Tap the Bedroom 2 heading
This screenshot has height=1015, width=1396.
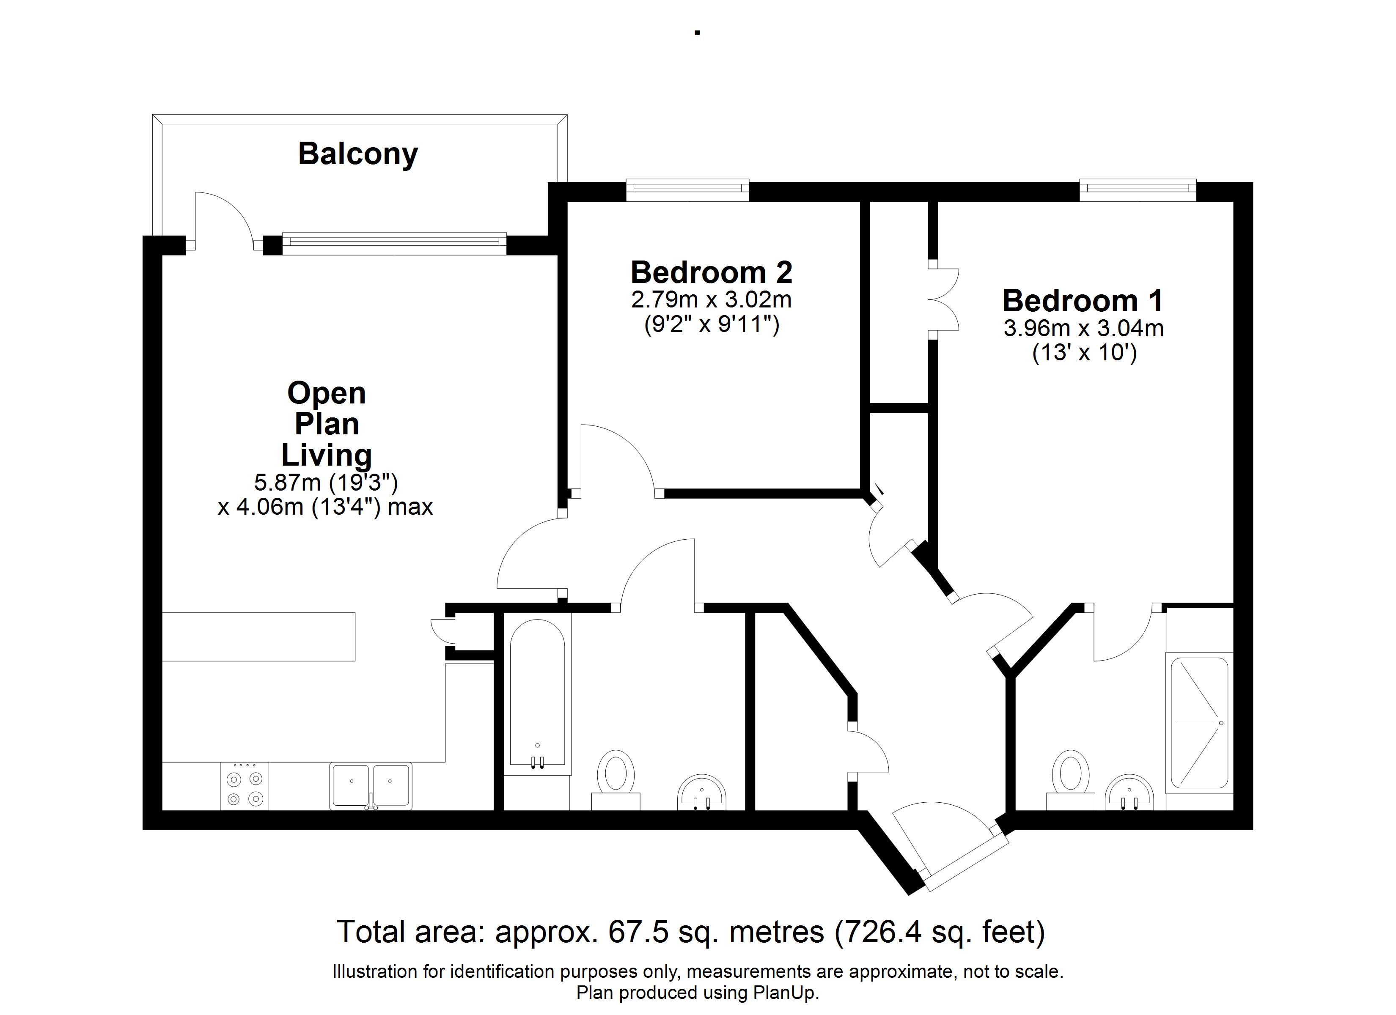click(712, 272)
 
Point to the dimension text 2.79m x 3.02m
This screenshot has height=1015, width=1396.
click(712, 300)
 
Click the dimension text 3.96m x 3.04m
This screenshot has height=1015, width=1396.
click(1083, 328)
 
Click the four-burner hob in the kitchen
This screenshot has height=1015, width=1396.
click(245, 786)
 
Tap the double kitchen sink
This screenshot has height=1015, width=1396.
click(371, 786)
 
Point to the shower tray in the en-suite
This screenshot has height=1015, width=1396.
click(1199, 723)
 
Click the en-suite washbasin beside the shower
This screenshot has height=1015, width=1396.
click(1129, 792)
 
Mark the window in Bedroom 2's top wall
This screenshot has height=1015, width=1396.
click(687, 190)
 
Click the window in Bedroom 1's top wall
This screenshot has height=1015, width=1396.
click(1138, 190)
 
